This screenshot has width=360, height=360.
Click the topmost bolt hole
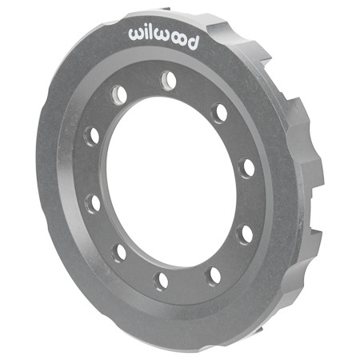168,80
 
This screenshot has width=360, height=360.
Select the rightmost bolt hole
248,168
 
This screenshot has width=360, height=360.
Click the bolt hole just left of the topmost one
118,94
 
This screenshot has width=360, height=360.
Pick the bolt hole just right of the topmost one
218,111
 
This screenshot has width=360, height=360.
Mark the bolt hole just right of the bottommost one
214,275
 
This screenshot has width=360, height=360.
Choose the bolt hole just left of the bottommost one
119,253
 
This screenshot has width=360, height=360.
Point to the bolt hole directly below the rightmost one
246,234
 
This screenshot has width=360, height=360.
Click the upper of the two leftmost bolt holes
93,136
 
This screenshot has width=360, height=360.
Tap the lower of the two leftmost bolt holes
94,202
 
